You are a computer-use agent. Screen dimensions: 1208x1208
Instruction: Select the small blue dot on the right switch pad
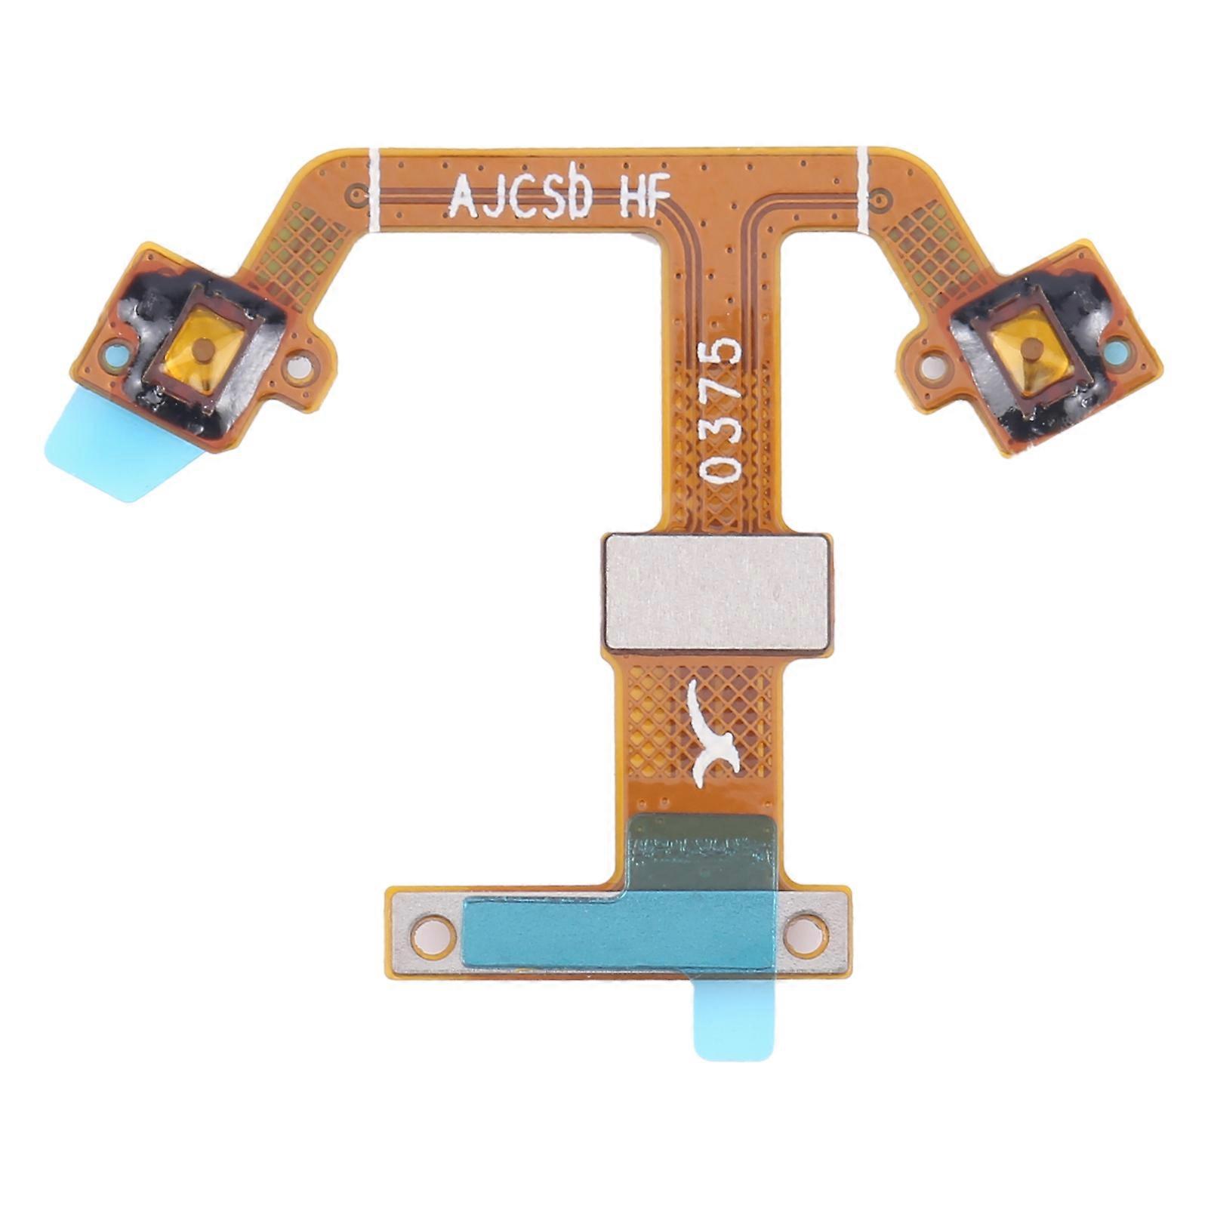click(1117, 350)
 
